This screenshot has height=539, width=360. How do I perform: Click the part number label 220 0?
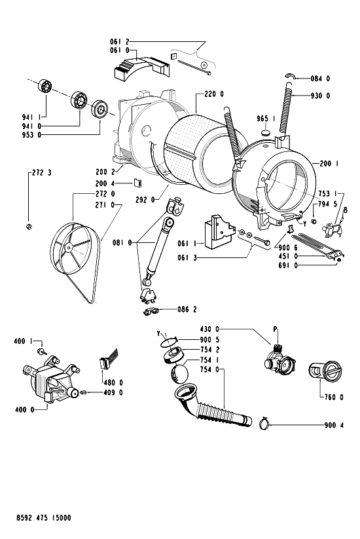tap(214, 94)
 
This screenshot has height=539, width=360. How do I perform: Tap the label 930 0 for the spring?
tap(320, 96)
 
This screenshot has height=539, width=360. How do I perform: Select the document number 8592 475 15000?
tap(44, 517)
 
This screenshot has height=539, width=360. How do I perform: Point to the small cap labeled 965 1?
tap(266, 132)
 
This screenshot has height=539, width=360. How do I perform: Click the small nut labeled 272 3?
tap(29, 227)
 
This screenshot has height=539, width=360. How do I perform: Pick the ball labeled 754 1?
tap(179, 374)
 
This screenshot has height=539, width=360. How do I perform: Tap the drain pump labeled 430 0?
tap(279, 361)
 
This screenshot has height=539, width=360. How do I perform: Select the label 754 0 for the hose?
tap(209, 369)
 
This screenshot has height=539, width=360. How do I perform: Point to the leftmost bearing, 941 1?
tap(45, 86)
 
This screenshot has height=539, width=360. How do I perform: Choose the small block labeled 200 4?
tap(138, 183)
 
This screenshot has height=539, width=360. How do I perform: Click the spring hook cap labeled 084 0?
tap(291, 76)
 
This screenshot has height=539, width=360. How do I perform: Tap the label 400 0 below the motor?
tap(25, 409)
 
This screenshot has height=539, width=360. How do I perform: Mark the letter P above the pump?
tap(275, 329)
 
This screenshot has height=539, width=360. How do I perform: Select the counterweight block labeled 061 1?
tap(219, 231)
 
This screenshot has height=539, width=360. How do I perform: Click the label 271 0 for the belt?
tap(105, 205)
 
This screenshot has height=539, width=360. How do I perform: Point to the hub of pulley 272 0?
tap(69, 246)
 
